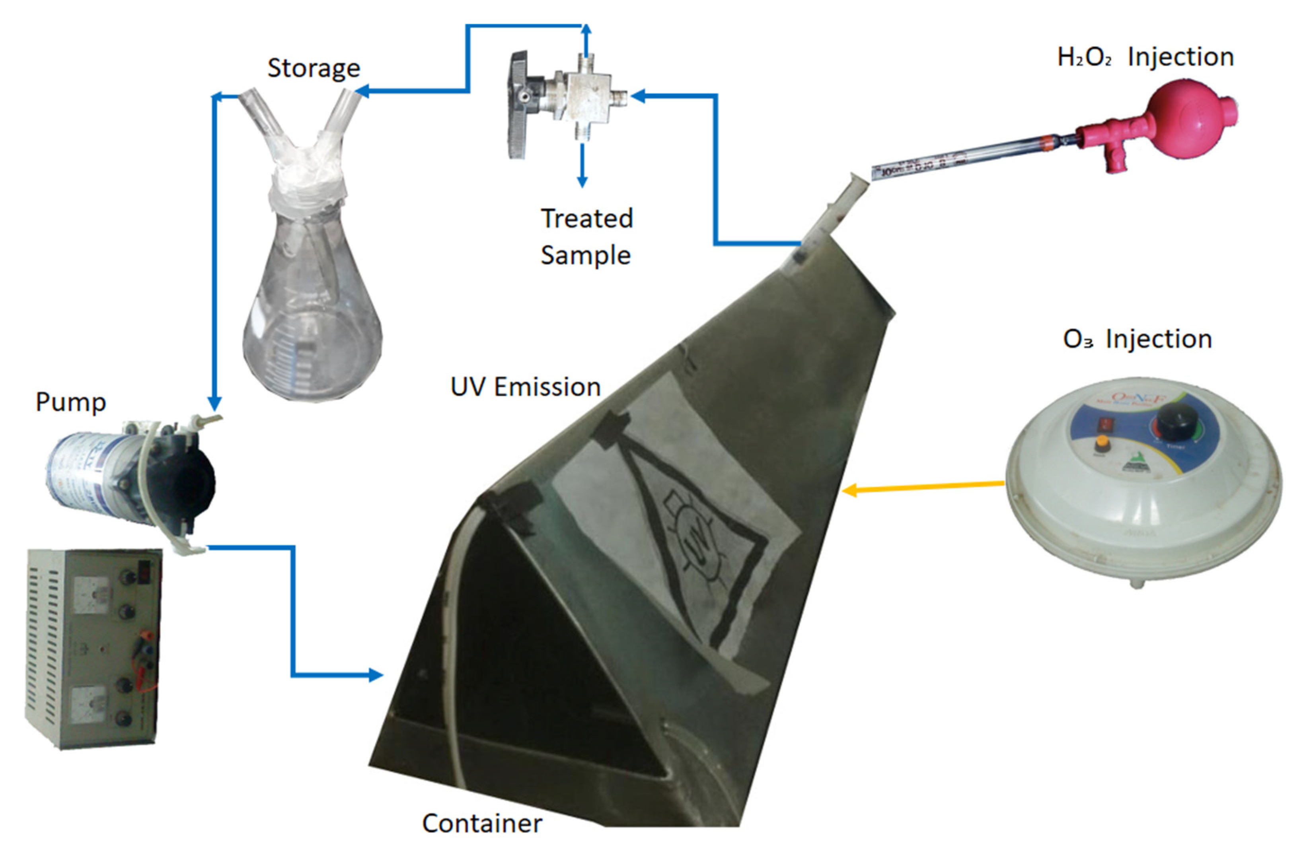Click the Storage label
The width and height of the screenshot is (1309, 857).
click(x=314, y=68)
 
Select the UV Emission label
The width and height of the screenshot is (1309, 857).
click(x=525, y=387)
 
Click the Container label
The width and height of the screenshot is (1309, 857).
click(x=482, y=823)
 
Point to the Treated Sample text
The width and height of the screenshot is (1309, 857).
click(x=586, y=236)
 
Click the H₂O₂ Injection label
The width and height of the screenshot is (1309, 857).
click(x=1145, y=57)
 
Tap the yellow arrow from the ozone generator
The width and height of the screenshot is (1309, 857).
click(x=924, y=486)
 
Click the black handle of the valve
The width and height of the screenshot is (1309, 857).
click(x=518, y=105)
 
